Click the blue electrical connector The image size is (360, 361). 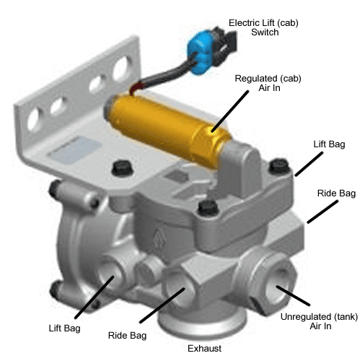coord(200,52)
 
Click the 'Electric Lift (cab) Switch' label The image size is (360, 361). coord(263,27)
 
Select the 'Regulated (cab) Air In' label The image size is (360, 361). coord(268,83)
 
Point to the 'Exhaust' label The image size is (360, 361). coord(204,348)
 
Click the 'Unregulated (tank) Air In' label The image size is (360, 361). coord(320,321)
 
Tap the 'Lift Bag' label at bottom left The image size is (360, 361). coord(64,329)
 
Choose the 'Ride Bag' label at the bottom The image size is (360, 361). coord(127,336)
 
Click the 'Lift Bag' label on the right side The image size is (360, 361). coord(329,144)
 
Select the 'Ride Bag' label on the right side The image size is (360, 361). coord(336,193)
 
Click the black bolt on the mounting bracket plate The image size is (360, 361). coord(122,168)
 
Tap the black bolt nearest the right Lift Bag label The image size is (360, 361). coord(279,165)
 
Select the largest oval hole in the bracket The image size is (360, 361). coord(123,68)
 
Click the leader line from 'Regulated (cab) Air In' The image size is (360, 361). coord(229,111)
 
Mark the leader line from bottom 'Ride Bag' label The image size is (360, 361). coord(162,305)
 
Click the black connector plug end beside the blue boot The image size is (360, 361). coord(225,45)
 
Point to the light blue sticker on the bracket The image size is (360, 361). coord(74,149)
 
